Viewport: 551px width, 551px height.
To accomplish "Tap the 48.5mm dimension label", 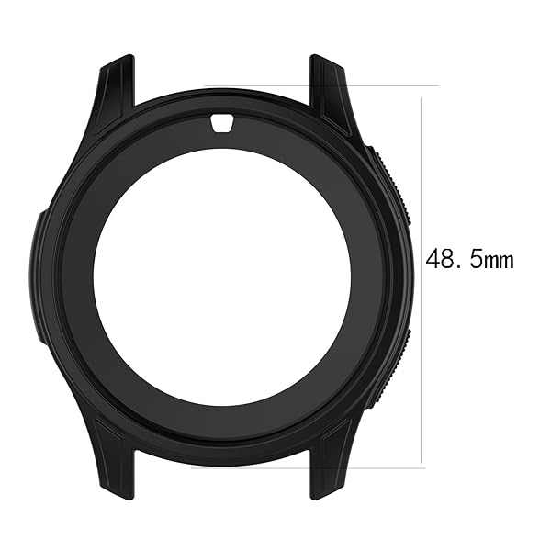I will pyautogui.click(x=468, y=260).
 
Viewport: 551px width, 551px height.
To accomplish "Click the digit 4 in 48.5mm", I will pyautogui.click(x=433, y=260).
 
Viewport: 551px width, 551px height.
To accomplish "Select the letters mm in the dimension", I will pyautogui.click(x=499, y=262).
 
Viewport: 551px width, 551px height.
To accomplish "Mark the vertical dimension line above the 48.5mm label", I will pyautogui.click(x=422, y=165).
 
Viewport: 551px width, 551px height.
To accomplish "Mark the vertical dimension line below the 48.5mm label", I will pyautogui.click(x=422, y=367).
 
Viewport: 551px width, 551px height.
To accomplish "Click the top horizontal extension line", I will pyautogui.click(x=386, y=86).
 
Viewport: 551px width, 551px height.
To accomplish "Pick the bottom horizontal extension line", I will pyautogui.click(x=386, y=466).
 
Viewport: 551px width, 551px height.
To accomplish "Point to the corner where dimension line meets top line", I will pyautogui.click(x=422, y=86).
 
